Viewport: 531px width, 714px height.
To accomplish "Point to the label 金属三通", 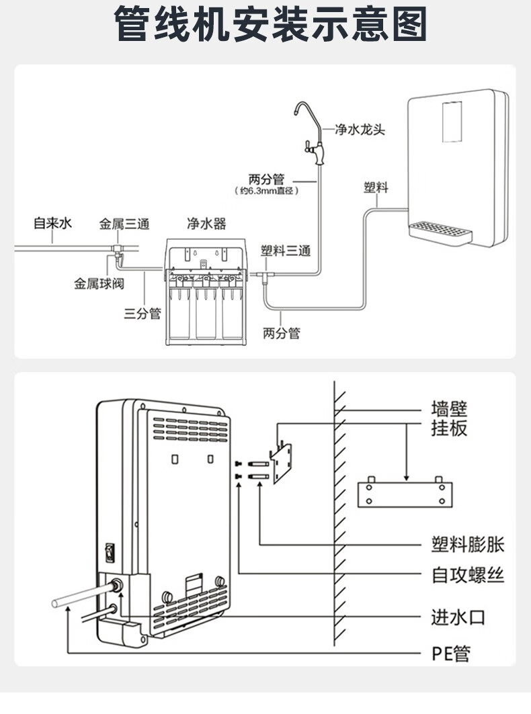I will pyautogui.click(x=124, y=224).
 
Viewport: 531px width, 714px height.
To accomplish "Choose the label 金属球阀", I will pyautogui.click(x=99, y=283).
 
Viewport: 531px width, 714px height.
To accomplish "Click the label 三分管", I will pyautogui.click(x=142, y=313).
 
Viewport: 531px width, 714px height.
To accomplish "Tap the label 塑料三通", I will pyautogui.click(x=286, y=251).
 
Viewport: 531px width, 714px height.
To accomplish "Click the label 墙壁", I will pyautogui.click(x=449, y=408).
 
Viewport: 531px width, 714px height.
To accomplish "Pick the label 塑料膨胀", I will pyautogui.click(x=467, y=544).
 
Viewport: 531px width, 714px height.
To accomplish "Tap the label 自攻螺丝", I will pyautogui.click(x=467, y=575).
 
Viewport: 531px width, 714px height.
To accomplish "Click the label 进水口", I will pyautogui.click(x=458, y=617).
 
